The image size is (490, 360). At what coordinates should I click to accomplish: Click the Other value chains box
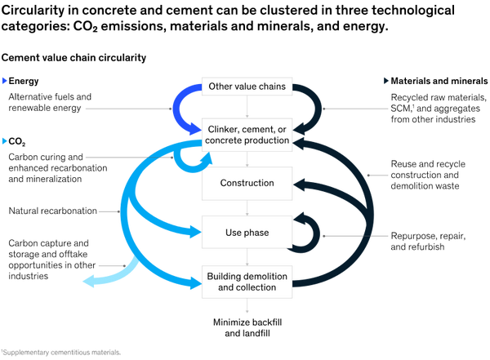246,87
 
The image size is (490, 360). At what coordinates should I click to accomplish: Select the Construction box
246,183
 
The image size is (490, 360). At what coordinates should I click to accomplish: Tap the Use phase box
246,233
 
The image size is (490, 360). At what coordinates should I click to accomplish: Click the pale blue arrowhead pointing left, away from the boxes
89,282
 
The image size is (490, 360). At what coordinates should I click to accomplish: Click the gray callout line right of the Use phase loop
356,236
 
